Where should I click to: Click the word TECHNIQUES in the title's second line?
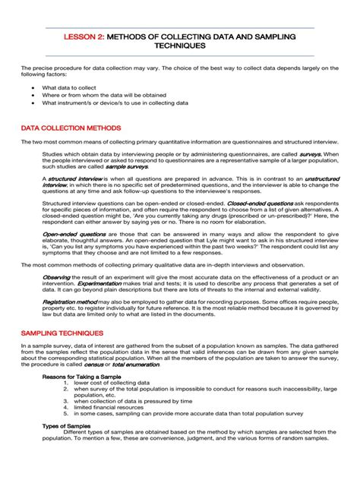click(x=180, y=46)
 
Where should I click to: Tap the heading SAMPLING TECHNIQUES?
click(x=62, y=333)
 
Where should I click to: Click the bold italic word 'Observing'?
click(x=56, y=277)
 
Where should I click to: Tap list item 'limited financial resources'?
click(x=118, y=408)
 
